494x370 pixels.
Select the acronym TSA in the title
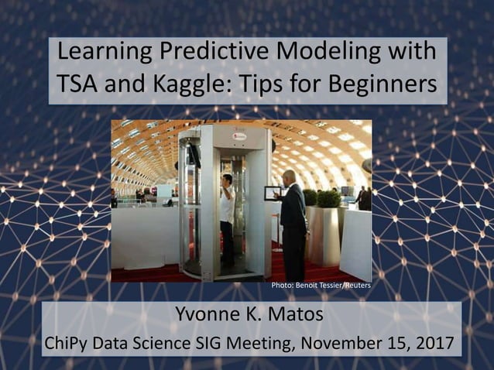pos(81,84)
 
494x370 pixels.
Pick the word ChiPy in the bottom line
pos(70,342)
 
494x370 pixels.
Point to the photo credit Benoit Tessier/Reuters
pos(321,286)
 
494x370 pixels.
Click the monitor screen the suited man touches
pos(271,194)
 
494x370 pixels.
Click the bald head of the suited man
pos(289,176)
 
